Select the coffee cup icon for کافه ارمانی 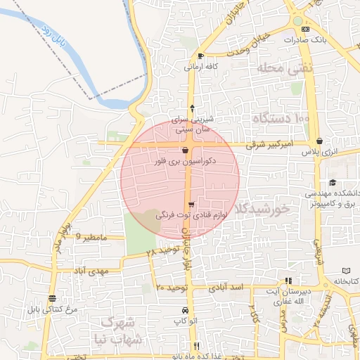click(x=202, y=56)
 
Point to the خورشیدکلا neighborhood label click(x=262, y=208)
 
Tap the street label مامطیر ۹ click(x=90, y=237)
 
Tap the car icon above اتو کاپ click(x=185, y=310)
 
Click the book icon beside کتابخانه click(x=345, y=271)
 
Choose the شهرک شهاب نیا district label click(x=121, y=330)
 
